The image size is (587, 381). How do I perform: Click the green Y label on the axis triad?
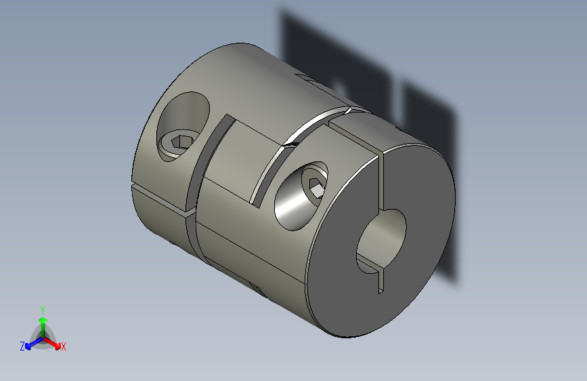click(x=42, y=309)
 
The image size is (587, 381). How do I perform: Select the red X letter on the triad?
click(x=63, y=347)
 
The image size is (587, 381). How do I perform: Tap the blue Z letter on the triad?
click(x=22, y=346)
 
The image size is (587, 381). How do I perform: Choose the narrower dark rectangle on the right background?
click(x=431, y=136)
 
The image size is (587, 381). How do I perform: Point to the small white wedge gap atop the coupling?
click(x=348, y=108)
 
